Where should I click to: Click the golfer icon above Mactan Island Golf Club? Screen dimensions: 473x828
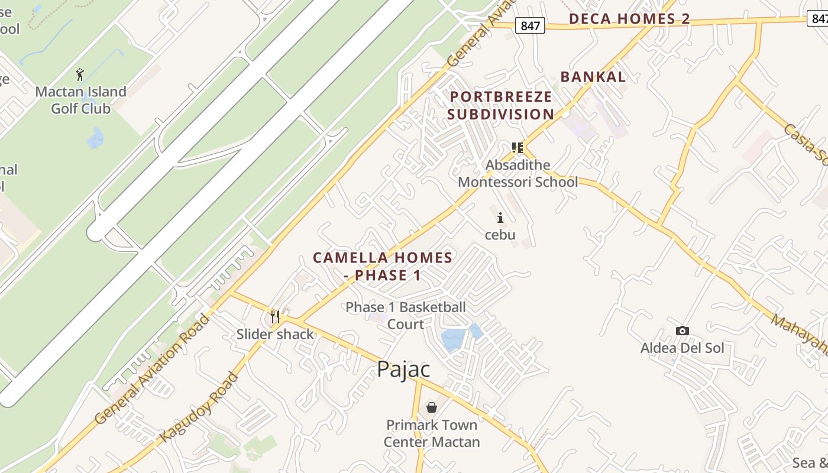(80, 74)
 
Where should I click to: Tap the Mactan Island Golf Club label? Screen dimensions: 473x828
(80, 100)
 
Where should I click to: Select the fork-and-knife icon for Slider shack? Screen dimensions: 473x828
(275, 317)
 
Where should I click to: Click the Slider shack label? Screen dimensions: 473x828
(275, 334)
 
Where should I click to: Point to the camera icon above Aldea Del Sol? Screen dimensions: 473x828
(682, 331)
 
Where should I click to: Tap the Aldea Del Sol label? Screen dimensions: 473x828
(682, 348)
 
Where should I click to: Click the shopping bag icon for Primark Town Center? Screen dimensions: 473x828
(432, 407)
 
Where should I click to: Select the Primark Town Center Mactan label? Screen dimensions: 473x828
(432, 433)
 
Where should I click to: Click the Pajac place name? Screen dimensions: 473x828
(403, 369)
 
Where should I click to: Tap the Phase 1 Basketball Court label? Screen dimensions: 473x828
(406, 315)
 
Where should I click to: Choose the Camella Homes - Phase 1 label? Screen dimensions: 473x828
(383, 266)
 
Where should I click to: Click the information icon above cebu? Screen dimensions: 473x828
(500, 218)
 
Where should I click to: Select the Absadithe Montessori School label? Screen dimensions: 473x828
(518, 173)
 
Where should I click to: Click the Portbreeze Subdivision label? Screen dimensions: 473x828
(501, 105)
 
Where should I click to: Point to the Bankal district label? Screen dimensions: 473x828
(593, 77)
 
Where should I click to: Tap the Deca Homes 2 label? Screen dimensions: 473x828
(629, 19)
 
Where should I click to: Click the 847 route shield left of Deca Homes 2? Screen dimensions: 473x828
(530, 25)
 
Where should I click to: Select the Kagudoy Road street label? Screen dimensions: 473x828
(199, 406)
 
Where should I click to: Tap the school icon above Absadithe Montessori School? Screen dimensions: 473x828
(517, 147)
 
